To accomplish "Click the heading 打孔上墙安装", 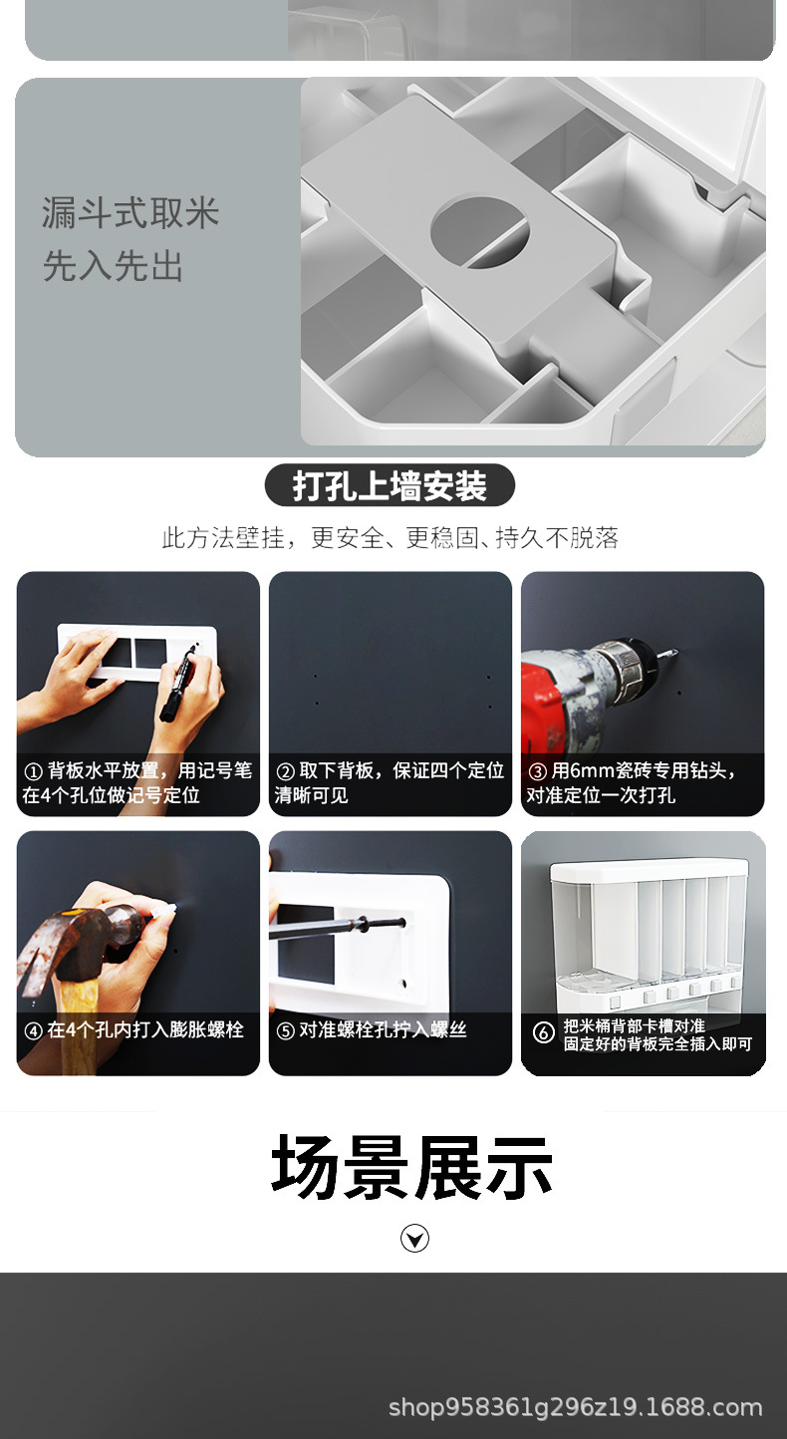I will (x=390, y=486).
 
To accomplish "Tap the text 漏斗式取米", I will (x=130, y=213).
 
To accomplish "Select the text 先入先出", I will (x=113, y=266).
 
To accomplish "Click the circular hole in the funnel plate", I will (x=479, y=232).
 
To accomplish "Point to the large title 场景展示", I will (x=412, y=1167).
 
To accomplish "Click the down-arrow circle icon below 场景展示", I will (x=414, y=1239).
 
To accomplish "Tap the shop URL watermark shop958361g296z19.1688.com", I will (x=575, y=1407).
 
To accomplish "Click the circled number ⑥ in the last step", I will (x=543, y=1032).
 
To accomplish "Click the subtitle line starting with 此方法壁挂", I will (x=390, y=538).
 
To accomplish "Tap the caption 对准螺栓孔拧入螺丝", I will (x=383, y=1030).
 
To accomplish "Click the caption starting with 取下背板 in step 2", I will (x=390, y=782).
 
